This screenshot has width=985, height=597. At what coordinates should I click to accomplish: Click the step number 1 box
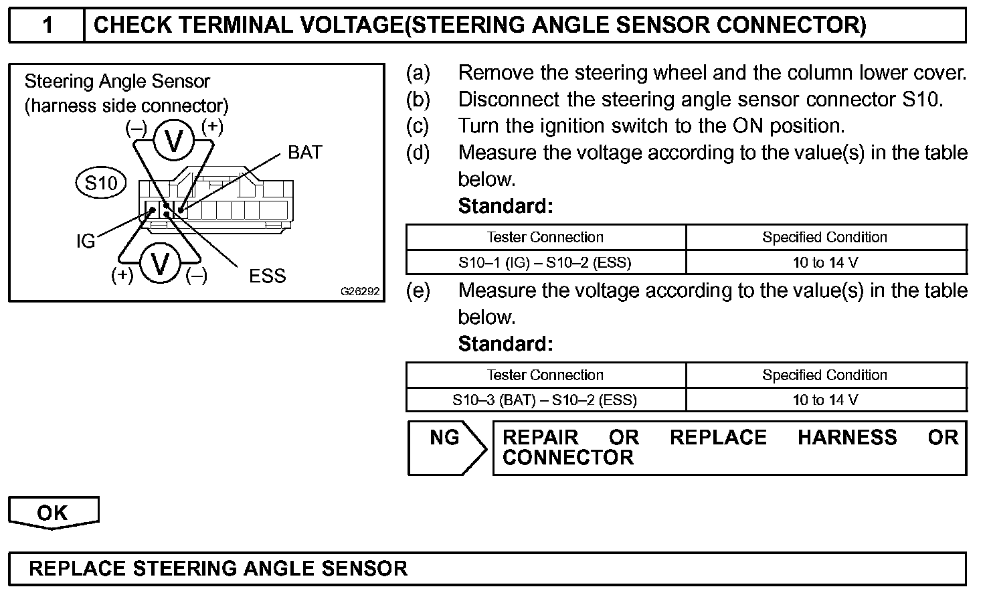coord(47,25)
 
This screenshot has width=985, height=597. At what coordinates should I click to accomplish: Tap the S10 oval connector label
coord(101,183)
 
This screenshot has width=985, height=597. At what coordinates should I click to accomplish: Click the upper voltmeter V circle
coord(174,141)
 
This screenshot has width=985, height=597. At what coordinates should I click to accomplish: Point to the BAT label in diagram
coord(305,153)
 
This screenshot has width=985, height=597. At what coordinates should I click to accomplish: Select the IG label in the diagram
coord(86,241)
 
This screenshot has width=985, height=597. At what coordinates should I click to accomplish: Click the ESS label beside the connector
coord(267,276)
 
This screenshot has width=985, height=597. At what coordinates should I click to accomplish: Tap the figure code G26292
coord(359,292)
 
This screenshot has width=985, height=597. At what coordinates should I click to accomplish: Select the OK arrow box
coord(53,513)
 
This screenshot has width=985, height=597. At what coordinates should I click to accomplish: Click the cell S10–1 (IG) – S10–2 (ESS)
coord(545,262)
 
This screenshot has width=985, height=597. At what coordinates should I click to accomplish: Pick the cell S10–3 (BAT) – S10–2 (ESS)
coord(545,400)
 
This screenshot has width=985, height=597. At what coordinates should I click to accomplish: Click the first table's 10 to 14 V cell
coord(825,262)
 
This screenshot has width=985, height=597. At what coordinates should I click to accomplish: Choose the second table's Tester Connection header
coord(545,375)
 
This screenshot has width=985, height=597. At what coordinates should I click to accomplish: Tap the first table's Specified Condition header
coord(825,237)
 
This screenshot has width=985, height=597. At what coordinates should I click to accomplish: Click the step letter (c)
coord(418,126)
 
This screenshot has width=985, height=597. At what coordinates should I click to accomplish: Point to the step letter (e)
coord(418,290)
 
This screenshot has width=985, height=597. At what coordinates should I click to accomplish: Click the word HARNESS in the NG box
coord(847,438)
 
